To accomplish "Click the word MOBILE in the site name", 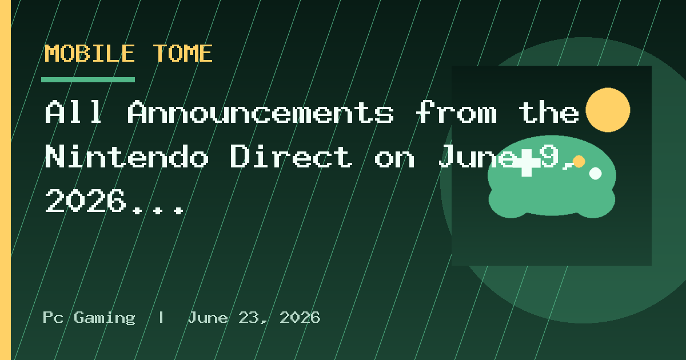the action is point(90,53).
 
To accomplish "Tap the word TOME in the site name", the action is point(183,53).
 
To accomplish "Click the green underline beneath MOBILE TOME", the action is point(88,80).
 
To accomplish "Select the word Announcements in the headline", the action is point(261,112).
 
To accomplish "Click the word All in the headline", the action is point(74,112).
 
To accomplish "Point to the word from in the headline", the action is point(456,112).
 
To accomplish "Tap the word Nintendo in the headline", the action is point(127,157).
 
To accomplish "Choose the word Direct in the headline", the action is point(291,157).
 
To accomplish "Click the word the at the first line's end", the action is point(549,112).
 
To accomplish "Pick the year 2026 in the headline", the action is point(85,201).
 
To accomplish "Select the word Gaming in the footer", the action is point(105,318).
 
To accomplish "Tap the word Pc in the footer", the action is point(53,318).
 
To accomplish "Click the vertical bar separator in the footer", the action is point(161,318).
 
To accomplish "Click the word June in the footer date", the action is point(208,318).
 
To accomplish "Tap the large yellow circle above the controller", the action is point(608,110).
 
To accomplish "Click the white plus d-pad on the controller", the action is point(527,163).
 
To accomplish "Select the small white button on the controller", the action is point(595,174).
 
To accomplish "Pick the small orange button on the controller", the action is point(579,162).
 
